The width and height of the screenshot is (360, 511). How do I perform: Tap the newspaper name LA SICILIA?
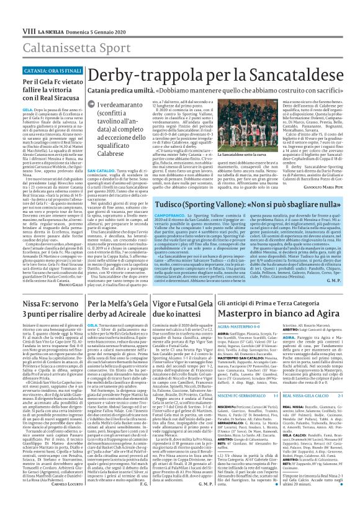(39, 13)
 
